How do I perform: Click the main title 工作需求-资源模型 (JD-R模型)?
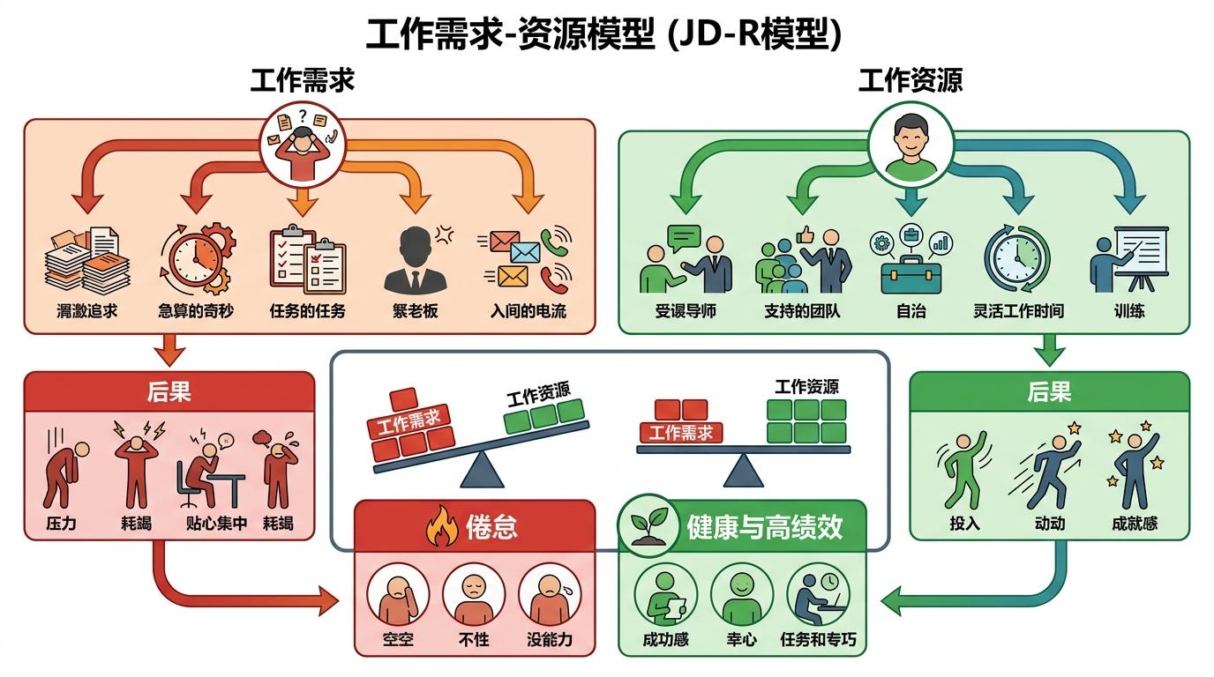604,34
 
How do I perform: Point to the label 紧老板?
415,311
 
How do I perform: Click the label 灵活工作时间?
1018,311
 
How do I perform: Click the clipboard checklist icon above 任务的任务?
306,259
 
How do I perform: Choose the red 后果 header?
169,391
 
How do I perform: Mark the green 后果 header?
1048,391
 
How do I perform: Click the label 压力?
61,524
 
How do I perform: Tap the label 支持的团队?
802,311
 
